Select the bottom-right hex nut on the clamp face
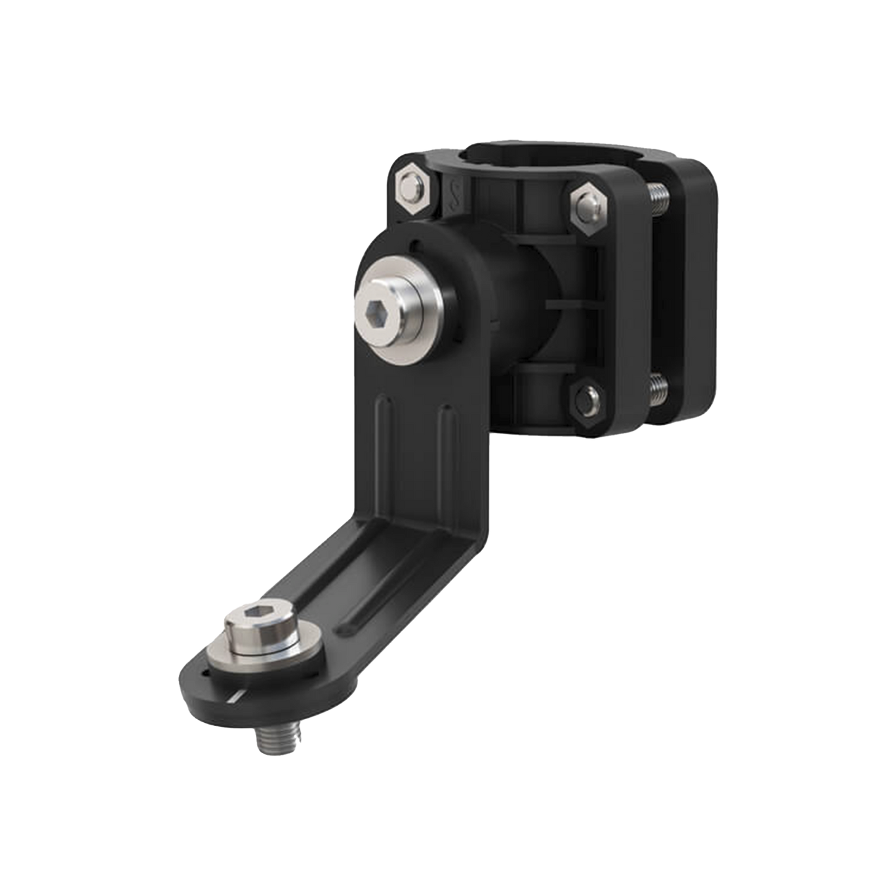[587, 397]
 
